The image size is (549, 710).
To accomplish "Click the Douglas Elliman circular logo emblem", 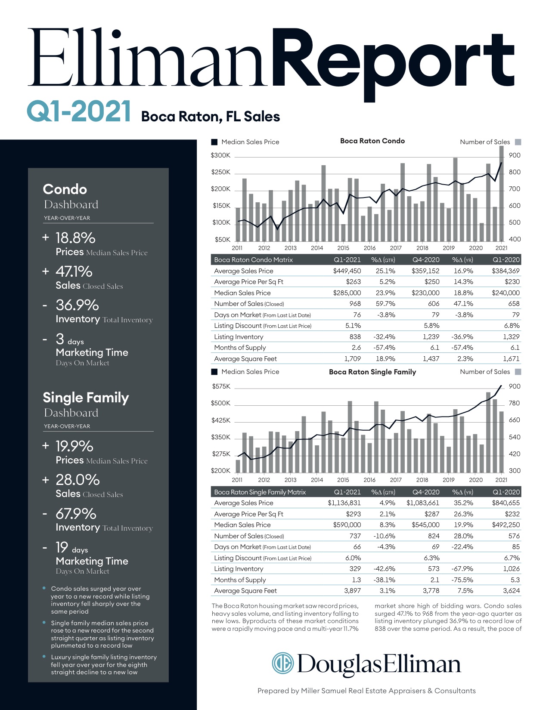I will pos(282,663).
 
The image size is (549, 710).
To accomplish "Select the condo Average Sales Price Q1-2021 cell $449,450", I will pos(347,271).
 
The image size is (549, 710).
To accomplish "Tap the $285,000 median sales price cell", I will pos(347,293).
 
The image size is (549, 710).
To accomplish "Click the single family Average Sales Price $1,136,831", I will pos(344,503).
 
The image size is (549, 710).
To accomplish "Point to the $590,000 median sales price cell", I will pos(347,525).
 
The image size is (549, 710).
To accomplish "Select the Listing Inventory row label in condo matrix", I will pos(239,337).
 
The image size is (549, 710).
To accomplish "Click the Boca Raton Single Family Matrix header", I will pos(260,492).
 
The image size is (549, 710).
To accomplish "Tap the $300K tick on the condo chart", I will pos(220,155).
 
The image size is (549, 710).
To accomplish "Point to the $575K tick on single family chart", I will pos(221,386).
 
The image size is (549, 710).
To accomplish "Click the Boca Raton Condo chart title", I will pos(372,141).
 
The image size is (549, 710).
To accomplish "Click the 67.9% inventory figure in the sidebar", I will pos(76,514).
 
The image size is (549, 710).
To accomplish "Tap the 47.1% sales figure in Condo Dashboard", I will pos(74,272).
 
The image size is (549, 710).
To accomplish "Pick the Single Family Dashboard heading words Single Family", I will pos(86,398).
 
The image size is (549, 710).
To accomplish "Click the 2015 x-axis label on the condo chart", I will pos(343,248).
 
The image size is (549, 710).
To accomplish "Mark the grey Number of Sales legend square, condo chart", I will pos(518,142).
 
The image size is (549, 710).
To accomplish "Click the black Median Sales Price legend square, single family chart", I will pos(214,372).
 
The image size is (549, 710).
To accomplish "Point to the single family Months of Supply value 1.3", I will pos(356,580).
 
